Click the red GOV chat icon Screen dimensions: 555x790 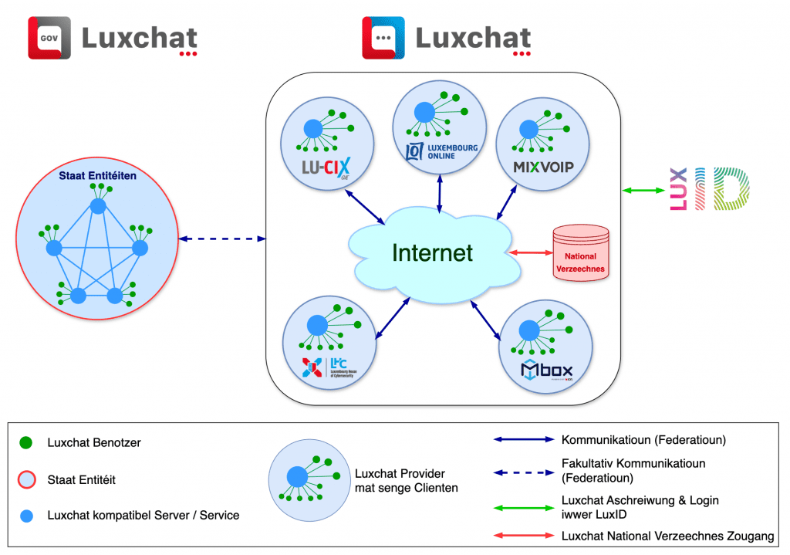pos(49,38)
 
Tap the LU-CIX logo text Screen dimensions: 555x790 pos(326,166)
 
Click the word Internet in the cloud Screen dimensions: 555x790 pos(432,252)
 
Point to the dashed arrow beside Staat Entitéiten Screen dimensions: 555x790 pos(222,239)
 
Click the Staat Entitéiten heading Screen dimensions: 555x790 pos(97,176)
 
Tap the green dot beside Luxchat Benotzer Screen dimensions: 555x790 pos(25,443)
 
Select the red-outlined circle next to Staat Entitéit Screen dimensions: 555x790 pos(25,479)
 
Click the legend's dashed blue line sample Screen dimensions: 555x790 pos(524,470)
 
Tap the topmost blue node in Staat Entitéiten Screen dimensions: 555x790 pos(97,206)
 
